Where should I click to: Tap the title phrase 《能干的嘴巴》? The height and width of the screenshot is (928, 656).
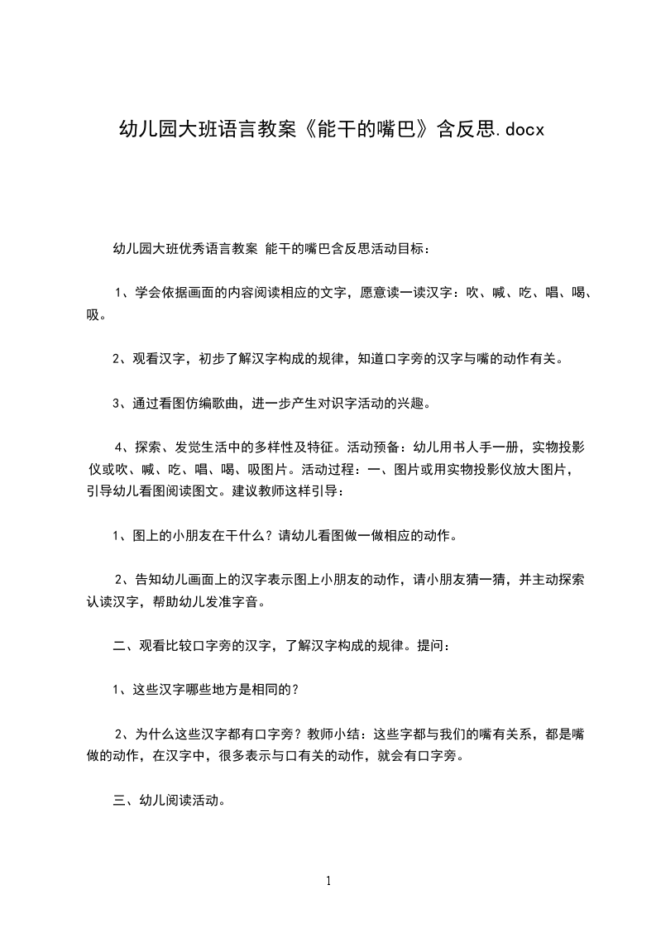point(363,130)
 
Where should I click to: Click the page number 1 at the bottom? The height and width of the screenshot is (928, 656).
point(328,881)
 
